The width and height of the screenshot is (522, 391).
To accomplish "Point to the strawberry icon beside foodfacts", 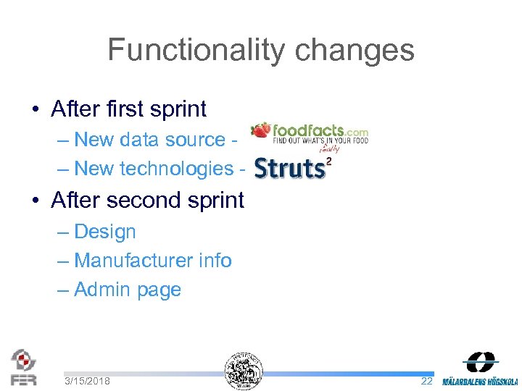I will (260, 130).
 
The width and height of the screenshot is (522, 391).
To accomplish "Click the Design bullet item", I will (104, 232).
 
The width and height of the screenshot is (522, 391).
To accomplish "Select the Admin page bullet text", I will (127, 290).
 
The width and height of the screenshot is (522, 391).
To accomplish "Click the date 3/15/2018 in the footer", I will (87, 381).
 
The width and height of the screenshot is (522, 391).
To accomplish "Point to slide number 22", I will (426, 381).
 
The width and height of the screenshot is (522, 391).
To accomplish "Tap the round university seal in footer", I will (243, 370).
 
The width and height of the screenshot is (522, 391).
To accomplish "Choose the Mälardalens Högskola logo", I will (480, 370).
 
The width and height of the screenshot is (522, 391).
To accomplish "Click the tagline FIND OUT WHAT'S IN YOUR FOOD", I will (320, 141).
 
